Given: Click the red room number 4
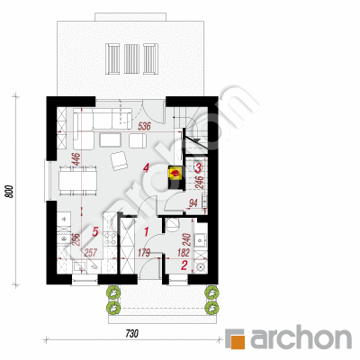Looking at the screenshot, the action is tap(146, 167).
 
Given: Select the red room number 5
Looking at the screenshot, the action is tap(95, 231).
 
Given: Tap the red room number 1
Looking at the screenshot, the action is tap(147, 231).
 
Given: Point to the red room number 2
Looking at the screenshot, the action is tap(184, 265).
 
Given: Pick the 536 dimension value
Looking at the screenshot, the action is tap(144, 127).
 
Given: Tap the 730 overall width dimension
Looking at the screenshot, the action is tap(131, 334).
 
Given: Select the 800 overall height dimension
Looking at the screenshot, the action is tap(10, 192).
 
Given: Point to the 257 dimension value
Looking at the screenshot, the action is tap(91, 253).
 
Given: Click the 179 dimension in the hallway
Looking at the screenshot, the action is tap(144, 253).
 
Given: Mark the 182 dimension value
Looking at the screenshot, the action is tap(184, 253).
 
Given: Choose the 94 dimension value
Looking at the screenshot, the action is tap(193, 203).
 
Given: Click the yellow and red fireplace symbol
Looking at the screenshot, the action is tap(175, 173).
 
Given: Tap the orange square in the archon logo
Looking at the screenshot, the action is tap(239, 341).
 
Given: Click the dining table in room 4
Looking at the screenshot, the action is tap(78, 180).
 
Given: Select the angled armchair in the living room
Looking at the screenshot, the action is tap(120, 160).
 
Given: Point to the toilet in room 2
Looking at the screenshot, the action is tap(172, 225).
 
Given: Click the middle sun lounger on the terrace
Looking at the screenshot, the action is tap(131, 58).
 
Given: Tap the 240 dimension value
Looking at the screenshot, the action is tap(186, 240).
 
